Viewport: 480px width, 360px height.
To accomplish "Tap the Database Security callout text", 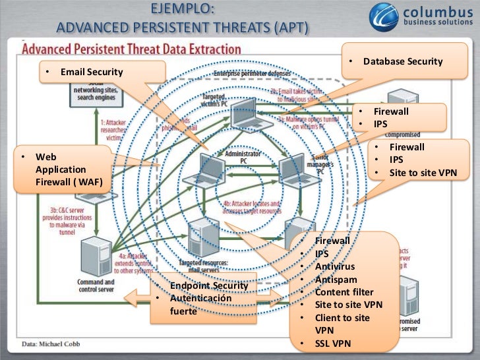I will pyautogui.click(x=402, y=61).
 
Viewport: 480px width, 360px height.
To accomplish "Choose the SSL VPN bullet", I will pyautogui.click(x=333, y=343).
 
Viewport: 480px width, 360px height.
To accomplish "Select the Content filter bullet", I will pyautogui.click(x=344, y=292).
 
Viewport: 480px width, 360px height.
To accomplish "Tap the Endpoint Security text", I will pyautogui.click(x=208, y=285).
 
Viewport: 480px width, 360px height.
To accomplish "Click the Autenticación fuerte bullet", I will pyautogui.click(x=200, y=305).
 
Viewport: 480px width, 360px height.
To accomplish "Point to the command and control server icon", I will pyautogui.click(x=96, y=256).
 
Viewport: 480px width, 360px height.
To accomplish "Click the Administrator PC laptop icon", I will pyautogui.click(x=206, y=169).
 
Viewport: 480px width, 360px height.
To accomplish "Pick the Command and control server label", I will pyautogui.click(x=96, y=285).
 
